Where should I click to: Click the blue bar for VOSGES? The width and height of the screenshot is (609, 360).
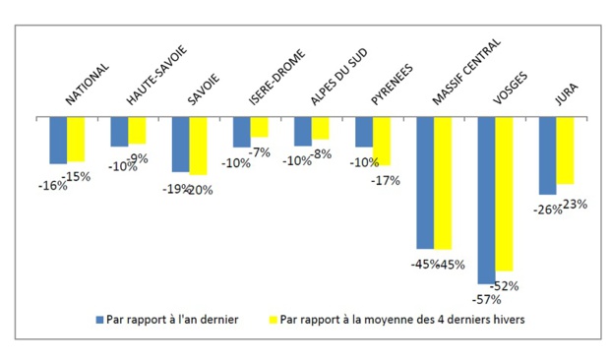(486, 200)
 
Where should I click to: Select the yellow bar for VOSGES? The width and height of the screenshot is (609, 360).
(504, 194)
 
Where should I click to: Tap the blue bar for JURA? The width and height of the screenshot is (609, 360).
(547, 155)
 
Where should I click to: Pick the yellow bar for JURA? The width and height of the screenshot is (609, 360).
(565, 150)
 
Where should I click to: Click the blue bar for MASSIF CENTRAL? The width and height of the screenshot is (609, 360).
(425, 182)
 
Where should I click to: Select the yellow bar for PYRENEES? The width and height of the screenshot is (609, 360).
(382, 141)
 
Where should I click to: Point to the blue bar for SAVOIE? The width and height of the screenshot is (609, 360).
(180, 145)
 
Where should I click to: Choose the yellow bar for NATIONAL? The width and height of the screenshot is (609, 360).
(76, 139)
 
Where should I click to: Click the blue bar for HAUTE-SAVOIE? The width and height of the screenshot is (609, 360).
(119, 132)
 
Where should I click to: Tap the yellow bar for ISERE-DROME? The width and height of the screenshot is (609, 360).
(260, 127)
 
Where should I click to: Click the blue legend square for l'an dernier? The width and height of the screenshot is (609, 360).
(98, 319)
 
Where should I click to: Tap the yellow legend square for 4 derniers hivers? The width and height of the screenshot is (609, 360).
(273, 319)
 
